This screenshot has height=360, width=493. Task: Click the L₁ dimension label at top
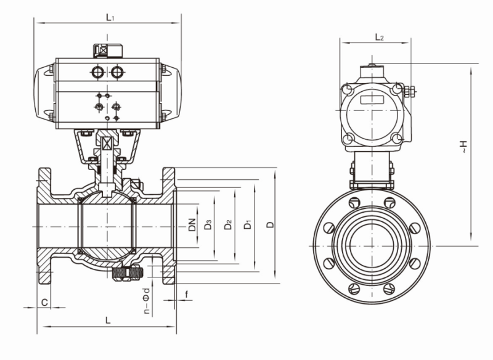tap(110, 17)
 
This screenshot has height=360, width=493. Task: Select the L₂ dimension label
tap(380, 38)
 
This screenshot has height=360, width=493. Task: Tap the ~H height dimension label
tap(463, 147)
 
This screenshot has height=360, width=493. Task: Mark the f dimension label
tap(187, 294)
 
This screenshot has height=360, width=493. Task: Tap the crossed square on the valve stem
tap(108, 144)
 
